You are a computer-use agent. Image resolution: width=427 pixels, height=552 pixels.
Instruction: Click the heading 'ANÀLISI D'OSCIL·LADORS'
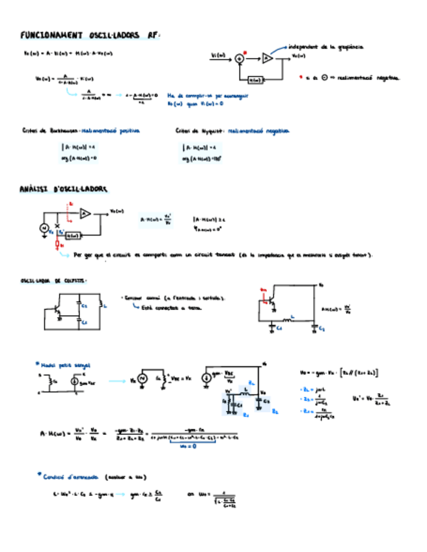[x=64, y=189]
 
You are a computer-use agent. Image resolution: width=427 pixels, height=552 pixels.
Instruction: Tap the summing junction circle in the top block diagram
[x=240, y=59]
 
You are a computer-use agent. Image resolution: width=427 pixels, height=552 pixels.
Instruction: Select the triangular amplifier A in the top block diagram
[x=267, y=59]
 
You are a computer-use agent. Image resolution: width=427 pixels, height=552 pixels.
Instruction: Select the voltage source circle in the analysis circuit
[x=44, y=228]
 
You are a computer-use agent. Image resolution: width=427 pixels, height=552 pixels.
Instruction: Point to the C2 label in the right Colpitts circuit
[x=322, y=329]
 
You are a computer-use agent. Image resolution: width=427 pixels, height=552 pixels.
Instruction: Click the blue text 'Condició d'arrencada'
[x=71, y=476]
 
